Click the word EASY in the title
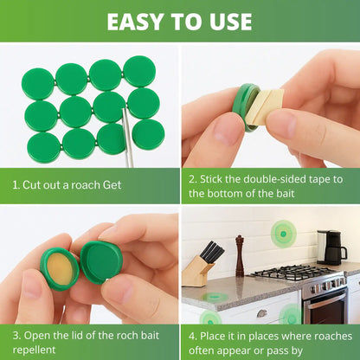tap(135, 22)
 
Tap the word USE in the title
tap(231, 22)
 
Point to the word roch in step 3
tap(128, 336)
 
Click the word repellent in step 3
tap(34, 350)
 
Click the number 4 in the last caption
tap(191, 336)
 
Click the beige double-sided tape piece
tap(264, 106)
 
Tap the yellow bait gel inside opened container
tap(60, 270)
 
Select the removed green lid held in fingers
tap(101, 262)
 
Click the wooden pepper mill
tap(240, 256)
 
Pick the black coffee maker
tap(331, 247)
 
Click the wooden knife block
tap(198, 271)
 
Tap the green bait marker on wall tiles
tap(284, 234)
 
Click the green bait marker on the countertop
tap(215, 296)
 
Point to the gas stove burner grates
tap(293, 272)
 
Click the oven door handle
tap(326, 301)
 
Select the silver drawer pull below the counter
tap(261, 313)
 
